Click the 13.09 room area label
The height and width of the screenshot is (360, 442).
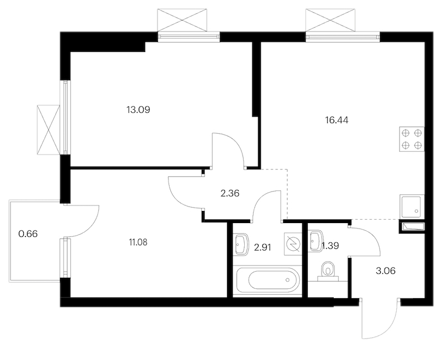(x=138, y=109)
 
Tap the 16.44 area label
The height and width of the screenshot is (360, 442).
(x=337, y=120)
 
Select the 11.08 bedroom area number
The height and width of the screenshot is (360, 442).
(x=138, y=242)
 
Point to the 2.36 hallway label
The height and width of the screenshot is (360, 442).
(x=230, y=193)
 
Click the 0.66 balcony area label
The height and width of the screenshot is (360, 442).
(x=28, y=234)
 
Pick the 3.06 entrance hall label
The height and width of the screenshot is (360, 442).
(x=386, y=271)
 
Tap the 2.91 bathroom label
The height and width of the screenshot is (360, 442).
(x=262, y=247)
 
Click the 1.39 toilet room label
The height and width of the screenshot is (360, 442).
(x=330, y=246)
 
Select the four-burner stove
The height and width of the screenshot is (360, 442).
(x=412, y=139)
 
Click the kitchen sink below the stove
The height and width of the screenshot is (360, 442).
(x=412, y=207)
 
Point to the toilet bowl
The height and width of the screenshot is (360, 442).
(x=328, y=271)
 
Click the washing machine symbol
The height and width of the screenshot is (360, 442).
(x=293, y=244)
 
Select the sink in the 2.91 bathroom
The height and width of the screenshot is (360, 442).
(x=241, y=244)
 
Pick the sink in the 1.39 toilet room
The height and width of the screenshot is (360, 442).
(x=315, y=241)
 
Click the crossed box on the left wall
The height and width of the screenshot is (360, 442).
(x=49, y=130)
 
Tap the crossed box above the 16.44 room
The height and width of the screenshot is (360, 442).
(x=330, y=19)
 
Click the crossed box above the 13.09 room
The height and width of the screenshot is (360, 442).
(x=182, y=19)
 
